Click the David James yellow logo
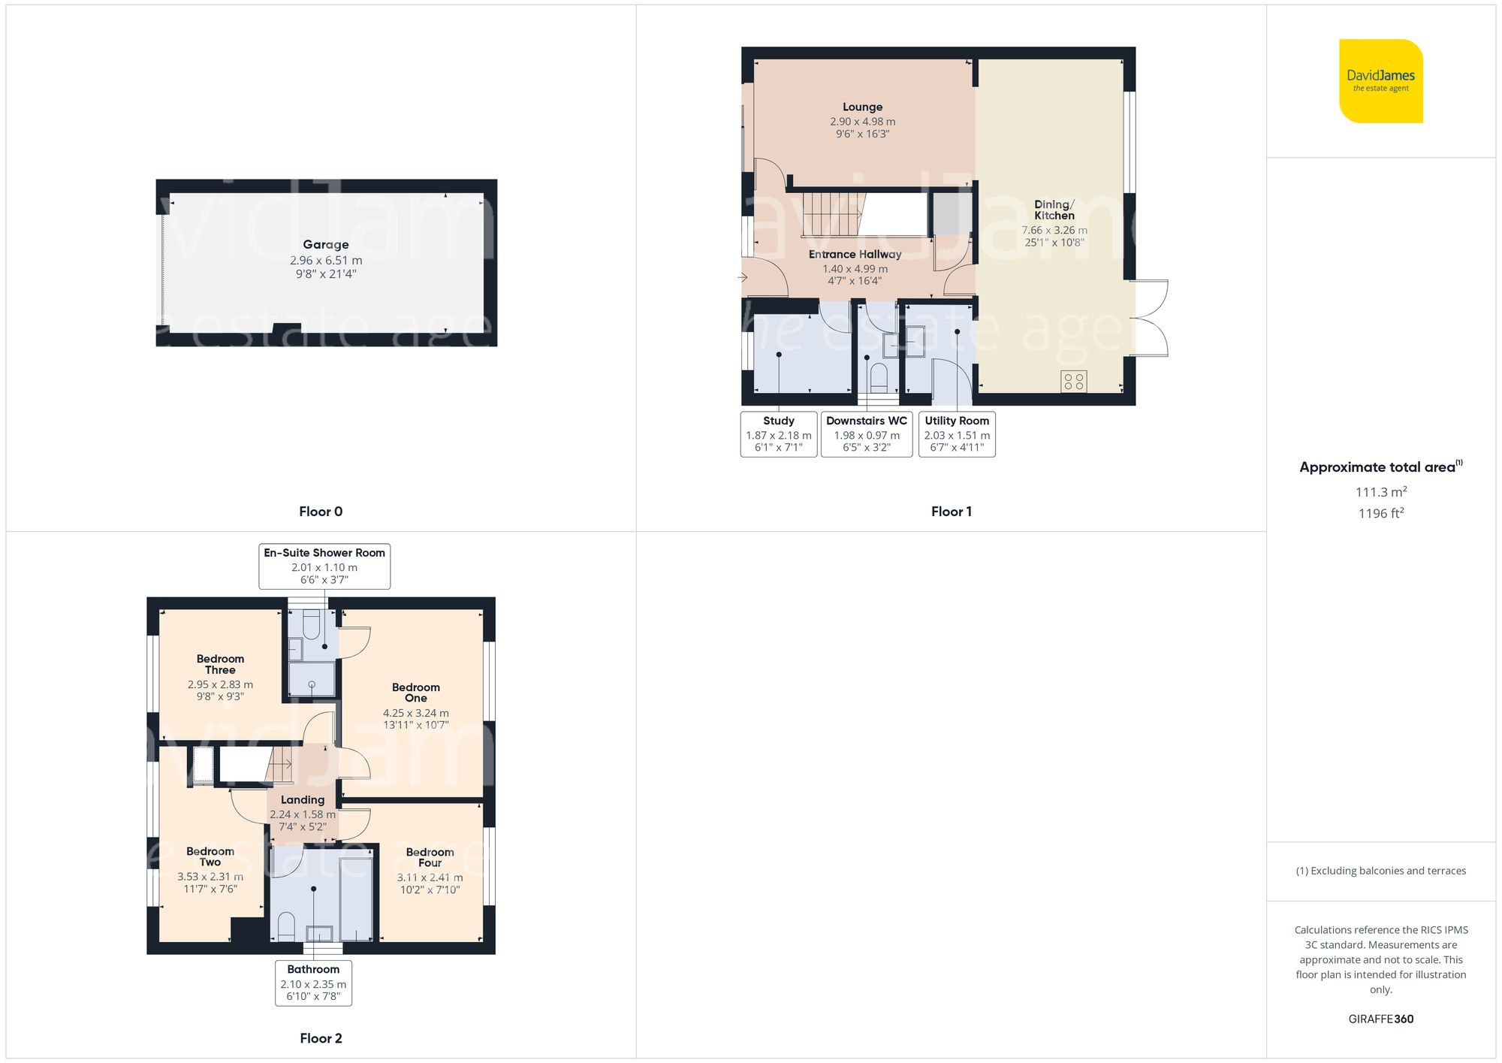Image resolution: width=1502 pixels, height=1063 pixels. [1380, 81]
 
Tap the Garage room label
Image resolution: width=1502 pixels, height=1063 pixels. [325, 244]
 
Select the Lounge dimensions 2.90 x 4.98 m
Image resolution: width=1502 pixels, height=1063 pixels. [862, 122]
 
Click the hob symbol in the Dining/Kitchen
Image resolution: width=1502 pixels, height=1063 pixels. [1073, 382]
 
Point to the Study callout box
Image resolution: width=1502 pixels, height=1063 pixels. [778, 433]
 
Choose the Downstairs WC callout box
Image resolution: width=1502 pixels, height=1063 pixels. [866, 433]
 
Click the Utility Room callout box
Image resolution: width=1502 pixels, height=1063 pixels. [956, 433]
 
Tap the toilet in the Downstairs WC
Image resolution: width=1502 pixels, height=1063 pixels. [878, 376]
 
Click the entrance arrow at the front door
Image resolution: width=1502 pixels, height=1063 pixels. [743, 277]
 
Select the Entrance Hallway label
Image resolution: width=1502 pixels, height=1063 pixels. [855, 255]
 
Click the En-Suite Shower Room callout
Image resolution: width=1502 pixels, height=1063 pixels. [324, 566]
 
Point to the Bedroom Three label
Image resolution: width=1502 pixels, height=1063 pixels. [220, 664]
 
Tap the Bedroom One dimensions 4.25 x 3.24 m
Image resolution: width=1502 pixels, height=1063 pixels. [415, 713]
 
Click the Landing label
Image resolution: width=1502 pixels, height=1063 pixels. [303, 800]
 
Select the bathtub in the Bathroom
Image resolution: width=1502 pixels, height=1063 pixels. [355, 898]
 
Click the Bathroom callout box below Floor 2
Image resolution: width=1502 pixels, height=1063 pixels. [313, 983]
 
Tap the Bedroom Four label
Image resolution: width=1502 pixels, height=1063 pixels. [430, 857]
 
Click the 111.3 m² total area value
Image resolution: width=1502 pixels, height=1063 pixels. [1380, 492]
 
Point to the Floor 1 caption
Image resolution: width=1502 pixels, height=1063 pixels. [951, 512]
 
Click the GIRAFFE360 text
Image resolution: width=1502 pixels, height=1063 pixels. [1380, 1019]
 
